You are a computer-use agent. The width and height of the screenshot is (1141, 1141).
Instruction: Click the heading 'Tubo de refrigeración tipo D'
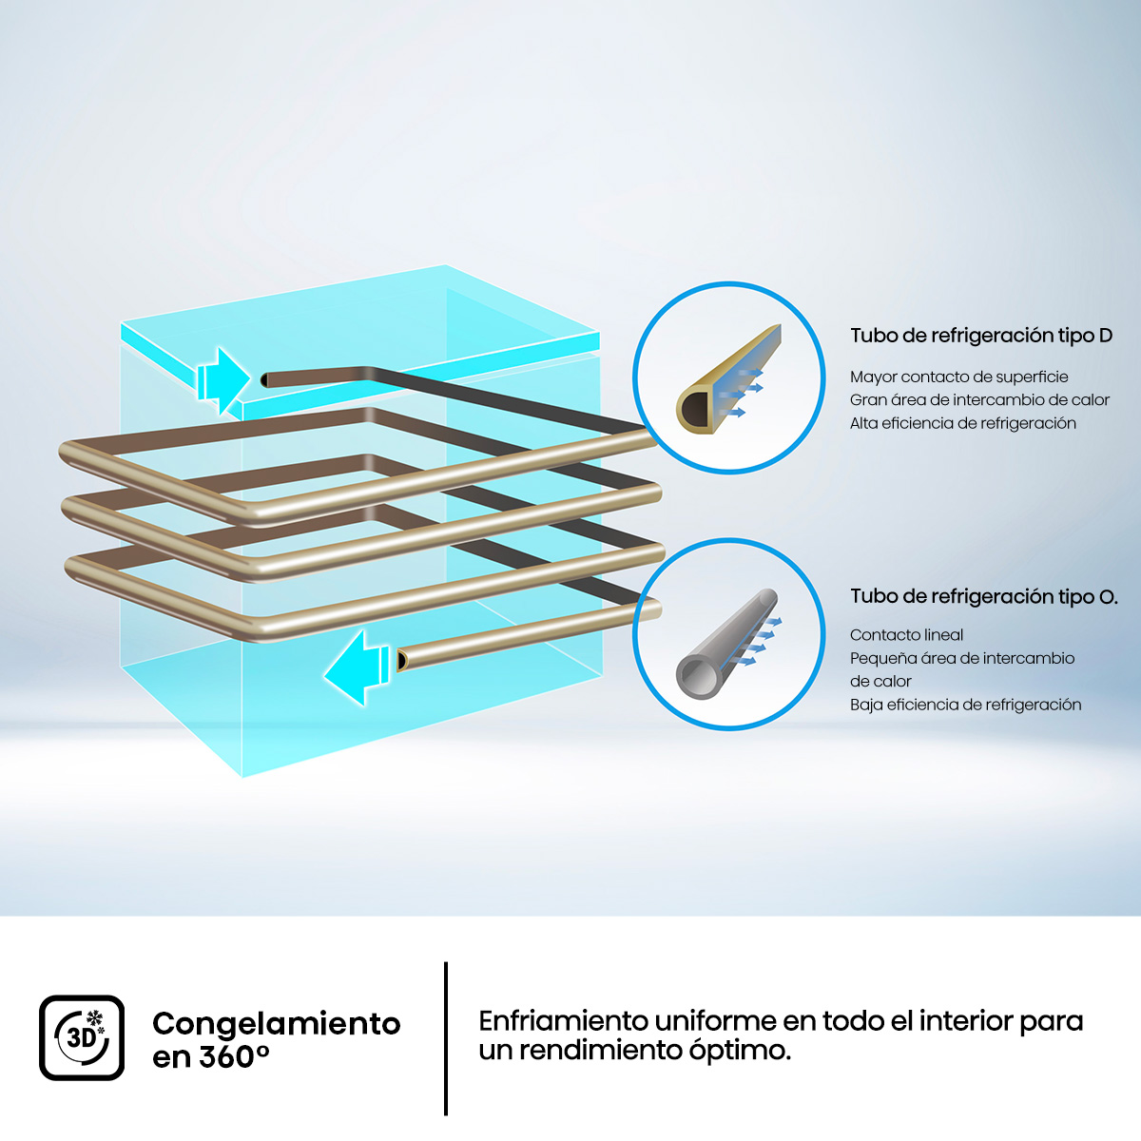point(981,336)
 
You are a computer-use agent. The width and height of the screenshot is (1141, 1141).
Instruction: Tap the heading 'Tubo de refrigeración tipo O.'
point(984,596)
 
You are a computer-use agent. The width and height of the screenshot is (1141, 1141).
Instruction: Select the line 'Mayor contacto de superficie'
point(959,377)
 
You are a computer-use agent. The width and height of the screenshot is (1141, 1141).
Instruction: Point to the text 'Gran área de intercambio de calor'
point(980,399)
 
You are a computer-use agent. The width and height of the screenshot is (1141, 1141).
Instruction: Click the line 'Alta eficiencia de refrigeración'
point(963,423)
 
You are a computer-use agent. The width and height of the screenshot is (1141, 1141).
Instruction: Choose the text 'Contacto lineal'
point(906,635)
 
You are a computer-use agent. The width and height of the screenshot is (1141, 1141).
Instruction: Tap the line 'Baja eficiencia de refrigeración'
point(966,705)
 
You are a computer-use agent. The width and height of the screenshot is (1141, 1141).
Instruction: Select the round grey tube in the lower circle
point(726,645)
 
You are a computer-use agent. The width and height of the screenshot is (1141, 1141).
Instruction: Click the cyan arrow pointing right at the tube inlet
point(224,379)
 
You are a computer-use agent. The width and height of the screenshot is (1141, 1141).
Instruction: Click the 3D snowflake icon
point(82,1038)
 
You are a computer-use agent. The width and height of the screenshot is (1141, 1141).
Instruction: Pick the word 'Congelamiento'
point(277,1024)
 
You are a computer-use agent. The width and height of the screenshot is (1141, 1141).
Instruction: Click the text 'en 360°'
point(211,1057)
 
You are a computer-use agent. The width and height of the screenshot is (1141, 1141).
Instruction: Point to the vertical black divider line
point(446,1038)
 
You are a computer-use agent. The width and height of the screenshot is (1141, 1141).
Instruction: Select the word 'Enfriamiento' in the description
point(563,1021)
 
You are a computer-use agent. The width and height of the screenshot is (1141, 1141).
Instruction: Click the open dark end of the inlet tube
point(264,379)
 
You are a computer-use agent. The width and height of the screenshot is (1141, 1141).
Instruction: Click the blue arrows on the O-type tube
point(761,641)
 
